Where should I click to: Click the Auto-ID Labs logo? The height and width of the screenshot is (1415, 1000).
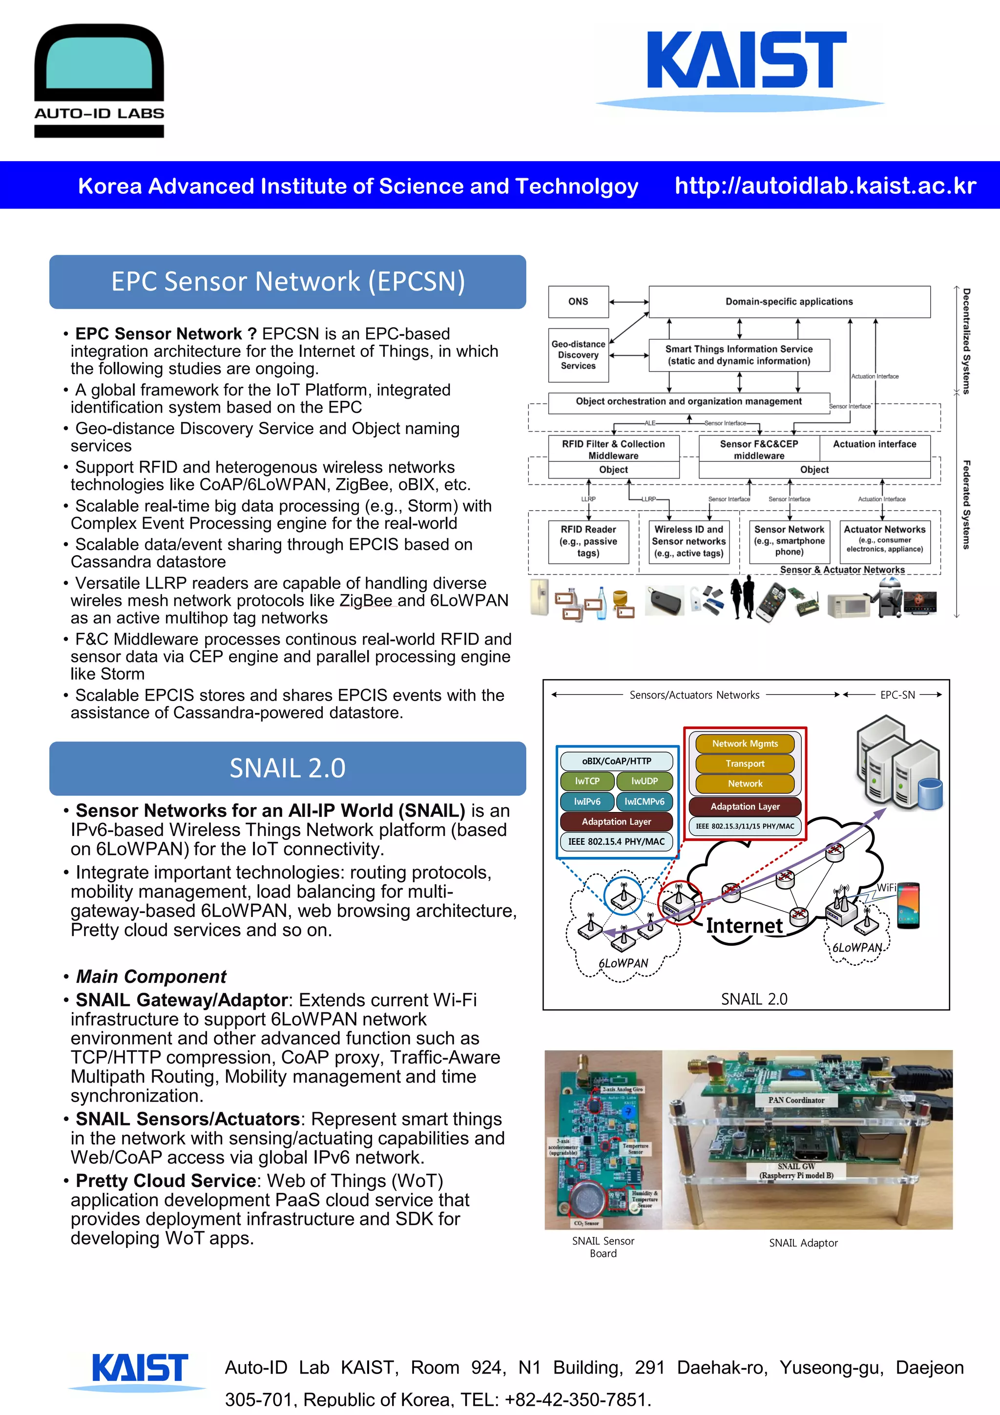(x=99, y=80)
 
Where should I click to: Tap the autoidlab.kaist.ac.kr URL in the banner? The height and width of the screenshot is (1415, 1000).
(x=825, y=186)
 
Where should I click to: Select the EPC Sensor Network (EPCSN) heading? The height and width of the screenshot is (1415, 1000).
(x=288, y=282)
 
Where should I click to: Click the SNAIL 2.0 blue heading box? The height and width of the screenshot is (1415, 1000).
(x=288, y=768)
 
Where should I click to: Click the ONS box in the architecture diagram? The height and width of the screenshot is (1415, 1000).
(x=578, y=301)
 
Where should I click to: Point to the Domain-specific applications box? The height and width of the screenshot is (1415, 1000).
(x=789, y=301)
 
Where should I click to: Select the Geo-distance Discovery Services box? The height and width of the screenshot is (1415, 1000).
(x=578, y=355)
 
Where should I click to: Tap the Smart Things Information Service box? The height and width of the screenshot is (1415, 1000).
(x=739, y=355)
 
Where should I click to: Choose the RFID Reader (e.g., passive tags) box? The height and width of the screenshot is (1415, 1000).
(x=588, y=541)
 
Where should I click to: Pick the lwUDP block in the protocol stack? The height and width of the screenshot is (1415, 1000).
(x=644, y=781)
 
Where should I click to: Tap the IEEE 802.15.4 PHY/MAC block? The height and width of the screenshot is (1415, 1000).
(x=616, y=841)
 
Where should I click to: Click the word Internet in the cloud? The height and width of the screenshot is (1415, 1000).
(x=744, y=925)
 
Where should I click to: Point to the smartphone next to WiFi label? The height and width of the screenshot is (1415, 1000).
(x=908, y=905)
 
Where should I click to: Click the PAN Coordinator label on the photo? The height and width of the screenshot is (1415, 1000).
(x=795, y=1100)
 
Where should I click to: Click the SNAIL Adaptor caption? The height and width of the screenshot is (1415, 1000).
(x=803, y=1243)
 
